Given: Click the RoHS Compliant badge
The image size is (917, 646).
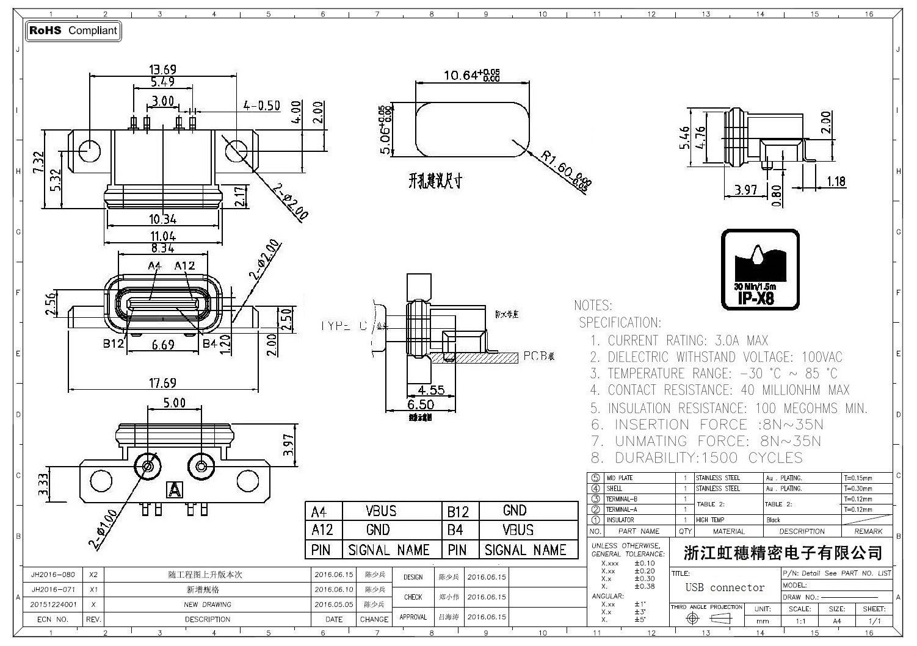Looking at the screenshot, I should (73, 31).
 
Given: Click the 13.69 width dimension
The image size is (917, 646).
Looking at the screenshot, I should (163, 70).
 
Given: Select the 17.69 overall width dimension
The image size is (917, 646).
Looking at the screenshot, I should (162, 383).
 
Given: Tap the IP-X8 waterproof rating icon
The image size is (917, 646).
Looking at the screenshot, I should (760, 270).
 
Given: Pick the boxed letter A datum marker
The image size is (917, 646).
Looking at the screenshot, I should (175, 489).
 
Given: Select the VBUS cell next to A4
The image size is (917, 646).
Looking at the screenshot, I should (381, 511).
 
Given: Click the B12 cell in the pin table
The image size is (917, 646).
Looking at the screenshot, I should (458, 511).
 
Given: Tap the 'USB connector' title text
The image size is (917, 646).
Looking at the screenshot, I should (725, 587).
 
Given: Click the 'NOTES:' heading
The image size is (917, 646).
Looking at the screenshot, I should (592, 306).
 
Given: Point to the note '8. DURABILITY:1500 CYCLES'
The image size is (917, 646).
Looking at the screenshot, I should (697, 458).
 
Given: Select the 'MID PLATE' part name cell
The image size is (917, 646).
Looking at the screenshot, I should (619, 478).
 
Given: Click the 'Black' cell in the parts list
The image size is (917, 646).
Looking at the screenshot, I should (773, 520).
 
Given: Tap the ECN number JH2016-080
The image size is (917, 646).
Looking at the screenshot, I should (53, 575).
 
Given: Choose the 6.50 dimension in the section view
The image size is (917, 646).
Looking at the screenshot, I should (421, 404).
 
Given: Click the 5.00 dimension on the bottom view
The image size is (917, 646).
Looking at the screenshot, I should (174, 403).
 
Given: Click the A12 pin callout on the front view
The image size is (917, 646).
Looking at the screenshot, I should (184, 266).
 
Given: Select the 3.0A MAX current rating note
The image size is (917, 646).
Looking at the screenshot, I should (679, 340).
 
